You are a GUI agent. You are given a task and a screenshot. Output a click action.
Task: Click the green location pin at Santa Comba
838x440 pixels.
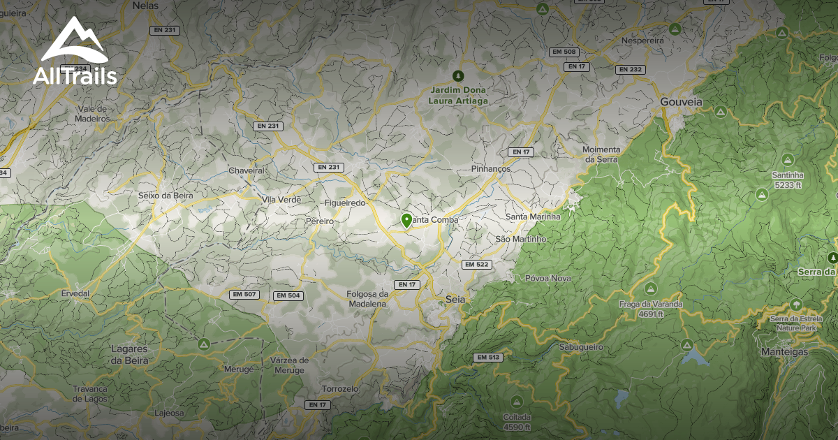(x=406, y=221)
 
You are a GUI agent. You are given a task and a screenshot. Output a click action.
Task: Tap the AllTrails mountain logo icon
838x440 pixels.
(x=73, y=41)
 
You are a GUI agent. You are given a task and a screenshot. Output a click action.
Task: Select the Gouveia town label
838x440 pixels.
(x=681, y=102)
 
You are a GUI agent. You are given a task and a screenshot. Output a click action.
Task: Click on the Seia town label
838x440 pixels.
(x=455, y=300)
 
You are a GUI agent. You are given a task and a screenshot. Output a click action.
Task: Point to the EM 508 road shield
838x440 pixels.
(x=564, y=52)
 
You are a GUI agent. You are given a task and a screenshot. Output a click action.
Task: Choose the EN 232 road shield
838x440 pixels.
(x=631, y=69)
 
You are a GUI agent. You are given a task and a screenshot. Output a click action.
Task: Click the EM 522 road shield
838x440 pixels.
(x=476, y=264)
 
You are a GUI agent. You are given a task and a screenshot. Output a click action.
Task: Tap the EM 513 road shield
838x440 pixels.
(x=488, y=357)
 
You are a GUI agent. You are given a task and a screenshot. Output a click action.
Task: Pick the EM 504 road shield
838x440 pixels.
(x=288, y=295)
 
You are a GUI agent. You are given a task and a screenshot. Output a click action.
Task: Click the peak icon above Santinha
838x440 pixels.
(x=788, y=159)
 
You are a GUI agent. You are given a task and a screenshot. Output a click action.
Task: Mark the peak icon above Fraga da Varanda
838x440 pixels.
(x=650, y=288)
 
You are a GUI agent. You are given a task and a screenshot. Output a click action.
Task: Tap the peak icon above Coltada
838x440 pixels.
(x=517, y=402)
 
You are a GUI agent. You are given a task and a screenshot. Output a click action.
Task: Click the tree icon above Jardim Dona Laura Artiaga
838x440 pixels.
(x=458, y=75)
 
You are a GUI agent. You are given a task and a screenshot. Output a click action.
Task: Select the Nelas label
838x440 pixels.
(x=145, y=5)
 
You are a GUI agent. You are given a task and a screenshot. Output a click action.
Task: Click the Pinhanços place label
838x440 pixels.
(x=491, y=169)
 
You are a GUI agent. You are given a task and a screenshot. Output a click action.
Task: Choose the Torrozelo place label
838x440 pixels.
(x=340, y=388)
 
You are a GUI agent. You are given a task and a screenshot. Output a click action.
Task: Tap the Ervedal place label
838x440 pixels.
(x=75, y=294)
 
